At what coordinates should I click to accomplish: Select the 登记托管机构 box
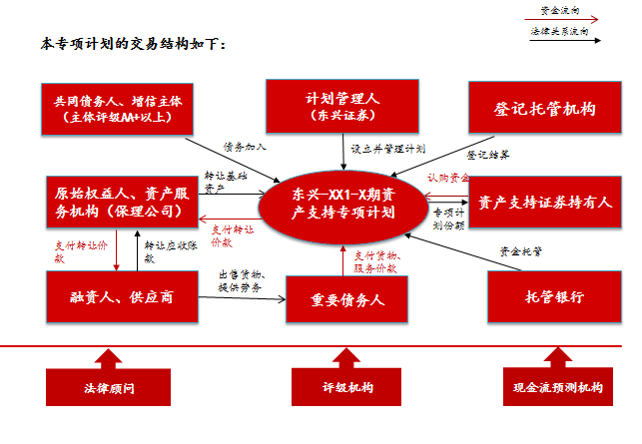click(x=546, y=108)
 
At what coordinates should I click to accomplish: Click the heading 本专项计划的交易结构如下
click(x=134, y=45)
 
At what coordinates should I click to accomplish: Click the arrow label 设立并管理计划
click(x=386, y=148)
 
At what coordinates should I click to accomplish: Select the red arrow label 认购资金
click(x=446, y=178)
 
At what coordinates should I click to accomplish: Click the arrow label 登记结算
click(x=488, y=155)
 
